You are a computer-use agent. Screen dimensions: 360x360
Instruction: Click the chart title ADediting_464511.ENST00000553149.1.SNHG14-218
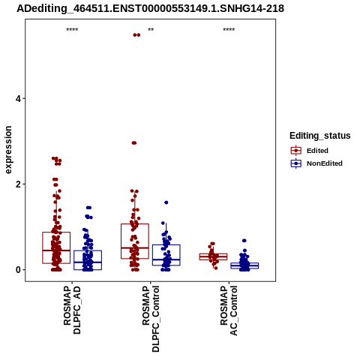(x=150, y=9)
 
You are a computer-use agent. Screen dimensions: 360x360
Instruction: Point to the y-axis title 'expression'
(x=8, y=150)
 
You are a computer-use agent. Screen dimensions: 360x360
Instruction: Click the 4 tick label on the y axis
(x=18, y=99)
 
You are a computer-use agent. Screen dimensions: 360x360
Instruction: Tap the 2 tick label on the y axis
(x=18, y=184)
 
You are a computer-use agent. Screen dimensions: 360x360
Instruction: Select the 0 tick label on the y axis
(x=18, y=270)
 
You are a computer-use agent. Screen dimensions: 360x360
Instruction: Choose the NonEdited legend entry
(x=316, y=163)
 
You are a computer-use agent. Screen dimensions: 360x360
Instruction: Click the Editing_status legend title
(x=320, y=136)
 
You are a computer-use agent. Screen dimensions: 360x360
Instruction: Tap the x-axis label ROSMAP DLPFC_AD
(x=72, y=310)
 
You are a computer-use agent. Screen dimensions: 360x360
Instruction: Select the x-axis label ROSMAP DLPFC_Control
(x=151, y=319)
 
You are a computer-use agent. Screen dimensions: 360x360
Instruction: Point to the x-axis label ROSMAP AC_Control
(x=229, y=310)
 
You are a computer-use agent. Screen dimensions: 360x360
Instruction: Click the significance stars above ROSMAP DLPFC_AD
(x=72, y=30)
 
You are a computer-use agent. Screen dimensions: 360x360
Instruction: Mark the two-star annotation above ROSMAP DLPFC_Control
(x=151, y=30)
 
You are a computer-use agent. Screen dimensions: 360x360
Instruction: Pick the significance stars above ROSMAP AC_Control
(x=229, y=30)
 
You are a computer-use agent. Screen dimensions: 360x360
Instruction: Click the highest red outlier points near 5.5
(x=136, y=35)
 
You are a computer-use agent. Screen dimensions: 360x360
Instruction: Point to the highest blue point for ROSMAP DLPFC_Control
(x=166, y=202)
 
